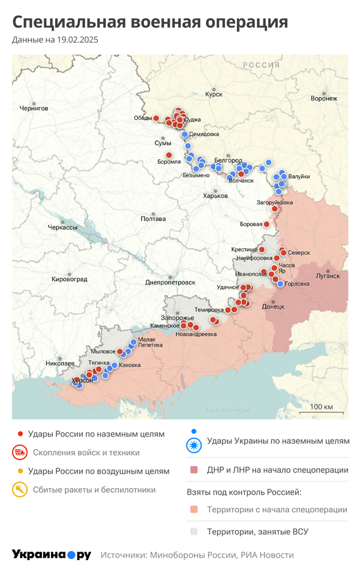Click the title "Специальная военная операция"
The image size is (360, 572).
click(150, 22)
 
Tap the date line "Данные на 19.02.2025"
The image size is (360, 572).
click(55, 40)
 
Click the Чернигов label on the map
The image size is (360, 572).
click(34, 109)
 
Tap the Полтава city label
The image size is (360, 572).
click(152, 219)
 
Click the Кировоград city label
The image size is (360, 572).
click(69, 279)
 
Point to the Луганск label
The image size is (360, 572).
click(328, 276)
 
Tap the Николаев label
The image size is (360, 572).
click(60, 363)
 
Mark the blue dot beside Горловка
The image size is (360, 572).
click(280, 284)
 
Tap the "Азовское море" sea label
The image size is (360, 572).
click(227, 410)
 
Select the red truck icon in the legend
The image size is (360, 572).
click(19, 453)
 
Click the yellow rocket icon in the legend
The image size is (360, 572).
click(19, 490)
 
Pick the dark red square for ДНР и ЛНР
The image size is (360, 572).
click(193, 470)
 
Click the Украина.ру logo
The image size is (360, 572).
click(51, 555)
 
